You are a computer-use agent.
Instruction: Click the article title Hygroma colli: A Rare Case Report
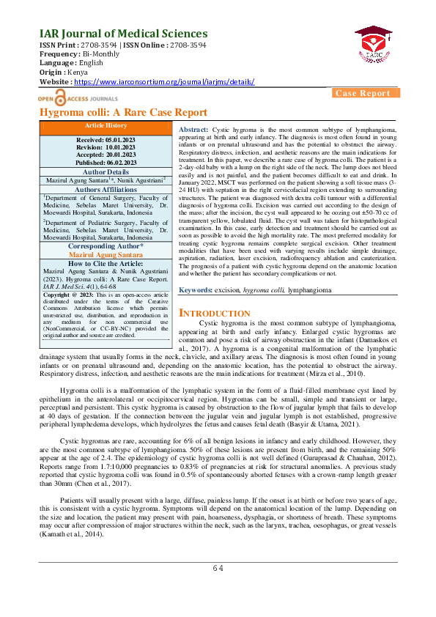(x=123, y=113)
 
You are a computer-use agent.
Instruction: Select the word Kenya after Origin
(x=77, y=73)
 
